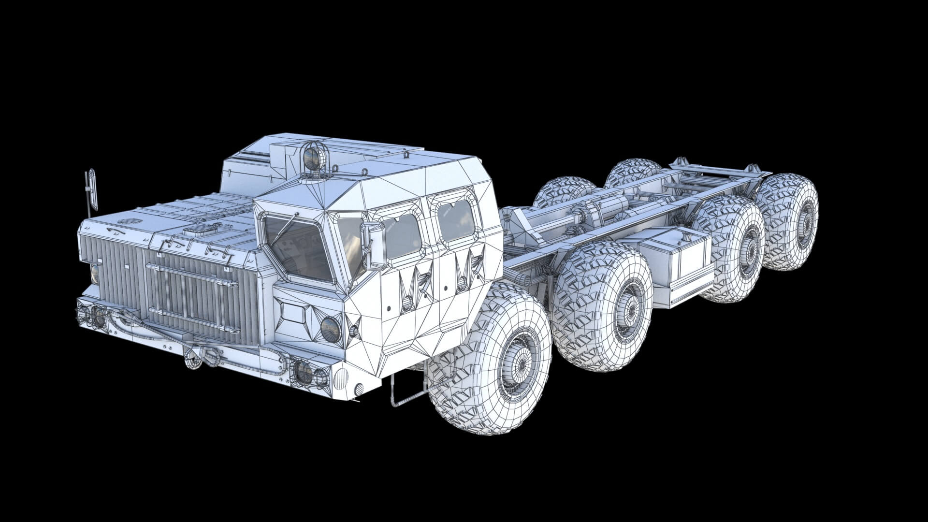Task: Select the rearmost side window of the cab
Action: tap(456, 220)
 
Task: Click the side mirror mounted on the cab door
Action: tap(375, 246)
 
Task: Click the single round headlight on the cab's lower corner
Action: tap(331, 329)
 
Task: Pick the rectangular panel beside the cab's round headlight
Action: tap(293, 312)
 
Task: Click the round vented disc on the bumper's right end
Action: tap(341, 377)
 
